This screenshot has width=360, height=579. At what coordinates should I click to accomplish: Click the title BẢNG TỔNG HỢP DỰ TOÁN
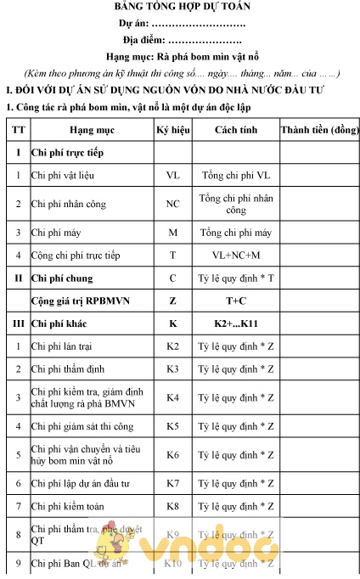pyautogui.click(x=182, y=8)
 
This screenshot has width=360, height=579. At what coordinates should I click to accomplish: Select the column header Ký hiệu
pyautogui.click(x=172, y=131)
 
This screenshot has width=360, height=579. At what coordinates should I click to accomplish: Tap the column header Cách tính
pyautogui.click(x=236, y=131)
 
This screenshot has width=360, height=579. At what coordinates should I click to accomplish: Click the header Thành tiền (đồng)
pyautogui.click(x=319, y=131)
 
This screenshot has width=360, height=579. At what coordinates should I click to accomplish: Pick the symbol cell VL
pyautogui.click(x=172, y=176)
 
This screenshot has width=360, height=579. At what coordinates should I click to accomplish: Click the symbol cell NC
pyautogui.click(x=172, y=204)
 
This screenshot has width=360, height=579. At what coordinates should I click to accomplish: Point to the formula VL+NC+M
pyautogui.click(x=236, y=255)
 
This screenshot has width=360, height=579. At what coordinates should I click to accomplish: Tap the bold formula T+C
pyautogui.click(x=236, y=301)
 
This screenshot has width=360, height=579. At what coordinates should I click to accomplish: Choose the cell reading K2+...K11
pyautogui.click(x=236, y=323)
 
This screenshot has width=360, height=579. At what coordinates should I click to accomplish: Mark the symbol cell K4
pyautogui.click(x=172, y=397)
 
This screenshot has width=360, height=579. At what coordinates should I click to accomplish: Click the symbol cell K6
pyautogui.click(x=172, y=455)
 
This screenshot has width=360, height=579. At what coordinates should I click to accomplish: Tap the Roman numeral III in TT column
pyautogui.click(x=18, y=323)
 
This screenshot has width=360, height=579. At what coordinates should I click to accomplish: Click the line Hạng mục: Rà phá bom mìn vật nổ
pyautogui.click(x=182, y=56)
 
